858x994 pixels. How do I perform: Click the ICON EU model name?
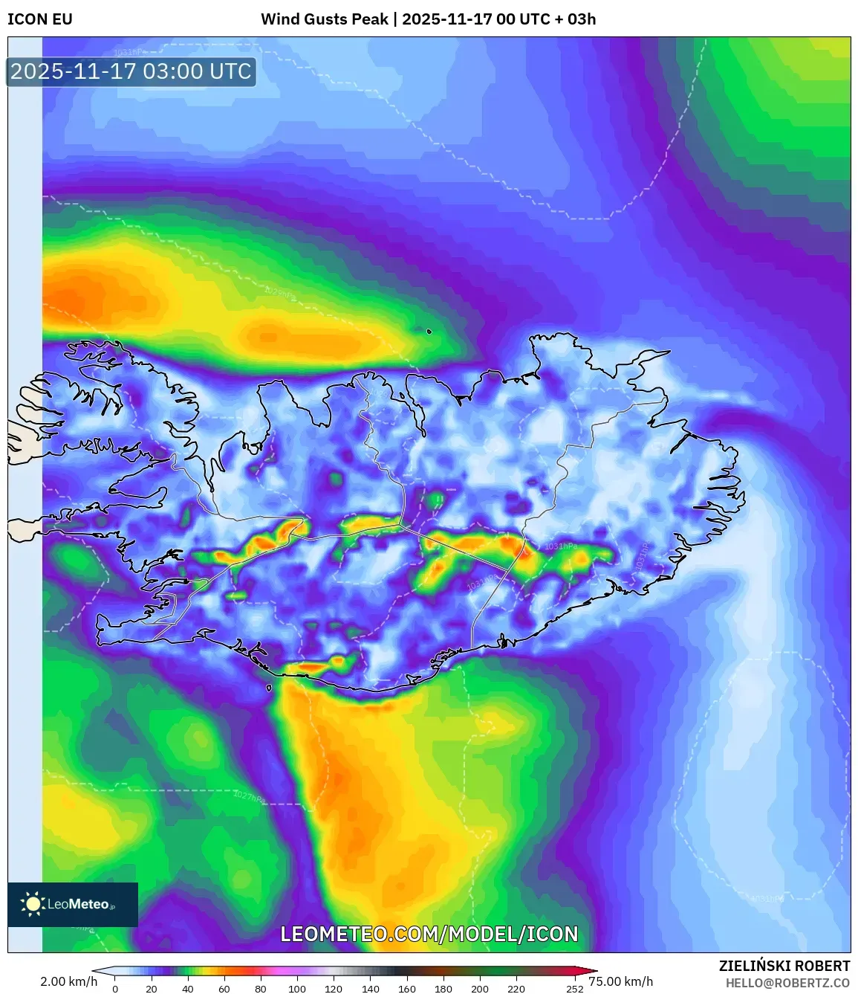coord(40,19)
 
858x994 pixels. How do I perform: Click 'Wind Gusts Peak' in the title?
coord(324,19)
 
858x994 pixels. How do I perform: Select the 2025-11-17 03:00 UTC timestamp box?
coord(131,71)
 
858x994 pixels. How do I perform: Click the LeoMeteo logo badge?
coord(73,904)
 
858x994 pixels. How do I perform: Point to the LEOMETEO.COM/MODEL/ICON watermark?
coord(429,934)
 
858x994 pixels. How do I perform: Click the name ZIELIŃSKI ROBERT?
coord(784,966)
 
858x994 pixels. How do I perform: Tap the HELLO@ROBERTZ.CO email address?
coord(787,983)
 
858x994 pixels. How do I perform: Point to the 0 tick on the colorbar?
coord(115,989)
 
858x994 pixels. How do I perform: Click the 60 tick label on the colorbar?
coord(224,989)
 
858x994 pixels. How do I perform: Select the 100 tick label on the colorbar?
coord(296,989)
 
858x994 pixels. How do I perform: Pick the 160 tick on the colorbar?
coord(406,989)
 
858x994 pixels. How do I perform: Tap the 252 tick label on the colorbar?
coord(574,989)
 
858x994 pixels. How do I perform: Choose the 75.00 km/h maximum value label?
coord(620,981)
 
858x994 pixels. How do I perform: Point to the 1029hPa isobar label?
coord(280,293)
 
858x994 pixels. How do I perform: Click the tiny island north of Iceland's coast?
coord(429,332)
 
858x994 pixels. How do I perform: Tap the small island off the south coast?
coord(269,688)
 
